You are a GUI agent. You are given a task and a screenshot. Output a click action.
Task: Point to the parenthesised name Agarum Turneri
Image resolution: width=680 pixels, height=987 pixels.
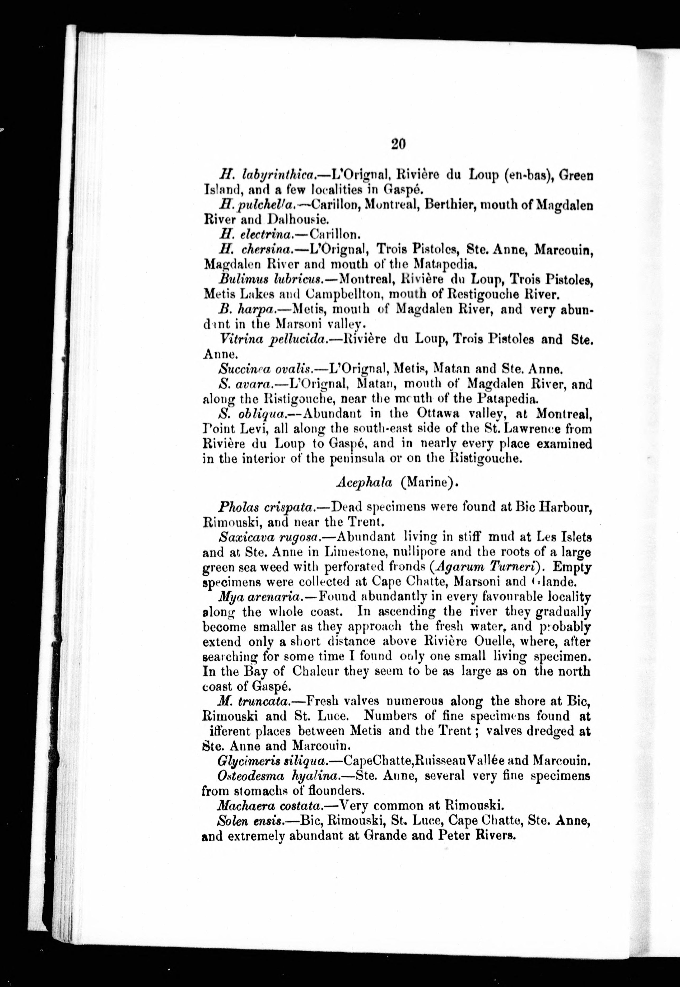point(485,567)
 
